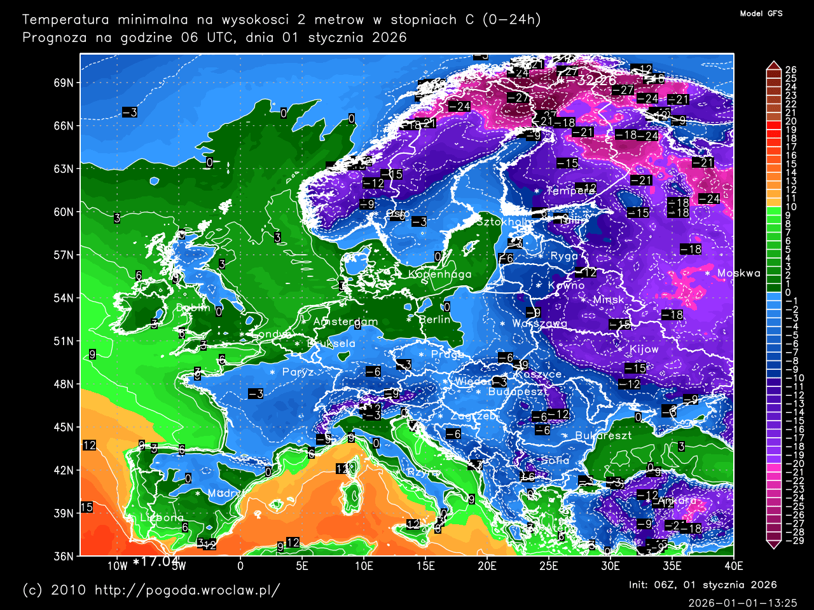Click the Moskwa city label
pos(738,273)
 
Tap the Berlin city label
pos(434,320)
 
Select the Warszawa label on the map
pos(539,323)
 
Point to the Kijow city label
pos(644,349)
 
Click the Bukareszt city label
pos(603,436)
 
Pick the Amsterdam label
pos(345,322)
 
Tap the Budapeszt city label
pos(517,392)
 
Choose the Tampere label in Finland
pos(570,191)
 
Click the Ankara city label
pos(676,501)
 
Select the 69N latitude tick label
pos(64,83)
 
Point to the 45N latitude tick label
pos(64,427)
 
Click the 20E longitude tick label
pos(486,566)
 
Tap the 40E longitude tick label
pos(733,566)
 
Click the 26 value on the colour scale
pos(790,70)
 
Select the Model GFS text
pos(761,13)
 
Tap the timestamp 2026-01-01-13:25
pos(742,602)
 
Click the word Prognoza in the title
pos(55,37)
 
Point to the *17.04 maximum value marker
pos(155,562)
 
